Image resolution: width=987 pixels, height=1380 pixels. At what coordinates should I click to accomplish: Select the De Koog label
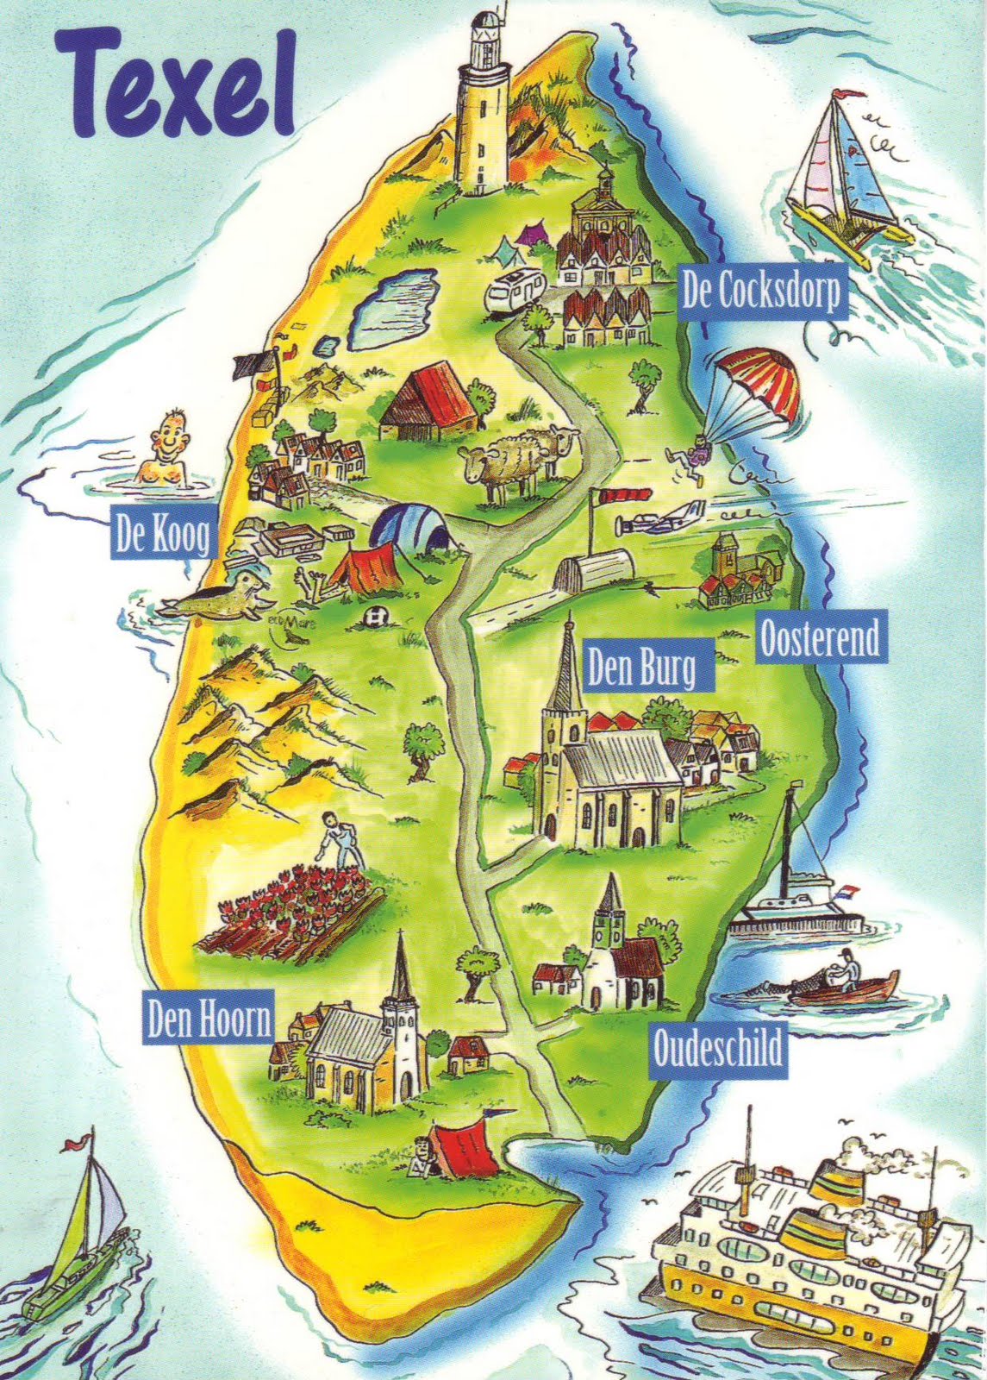point(161,537)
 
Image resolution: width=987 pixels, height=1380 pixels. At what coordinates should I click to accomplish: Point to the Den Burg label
point(642,666)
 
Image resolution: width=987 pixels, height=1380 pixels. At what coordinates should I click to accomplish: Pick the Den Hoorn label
point(208,1020)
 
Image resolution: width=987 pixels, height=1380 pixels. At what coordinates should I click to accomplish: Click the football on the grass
point(375,617)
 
